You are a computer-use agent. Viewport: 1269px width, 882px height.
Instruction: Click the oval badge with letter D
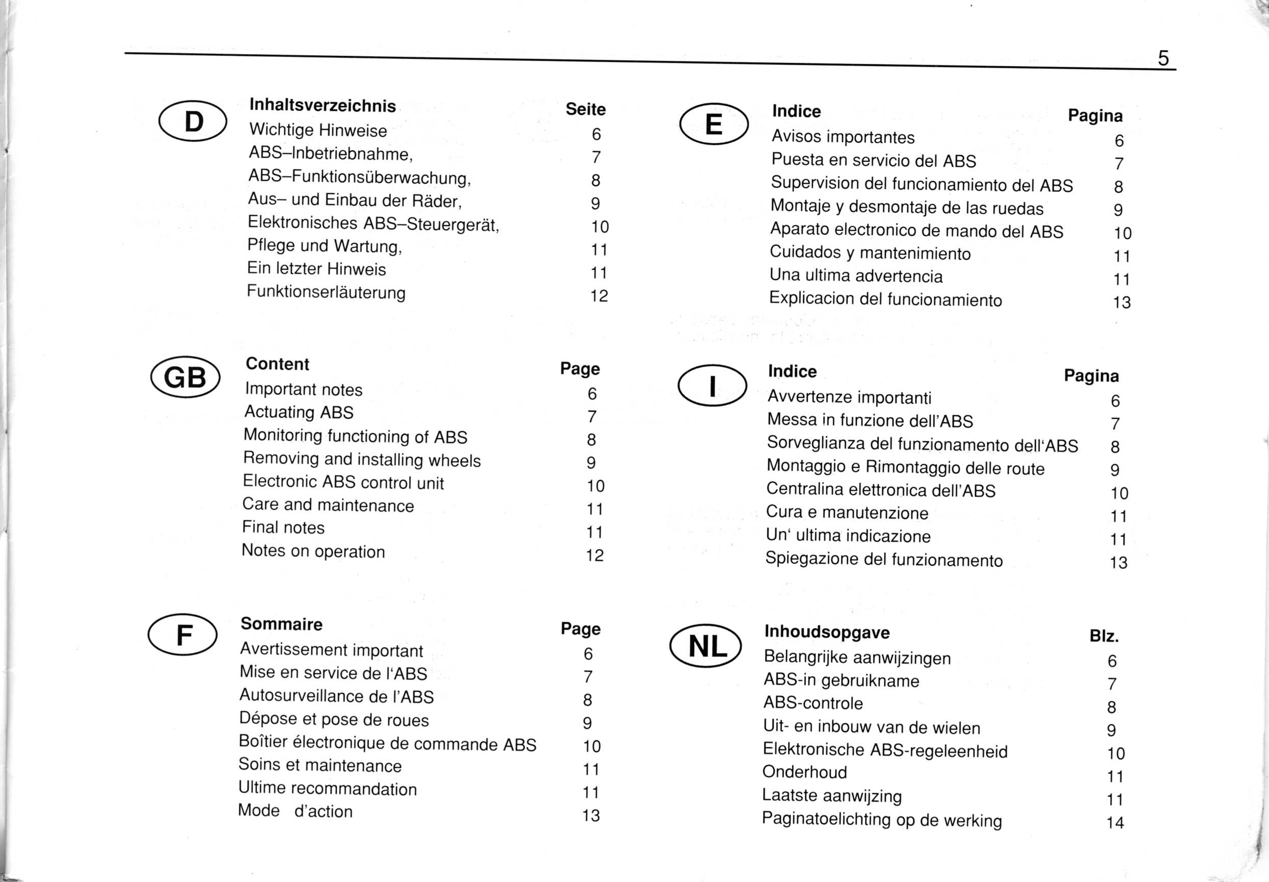[193, 121]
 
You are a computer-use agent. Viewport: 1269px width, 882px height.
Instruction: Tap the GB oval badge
[185, 377]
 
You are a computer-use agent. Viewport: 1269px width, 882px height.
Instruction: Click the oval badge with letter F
[183, 635]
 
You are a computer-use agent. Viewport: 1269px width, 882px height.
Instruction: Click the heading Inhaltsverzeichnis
[323, 106]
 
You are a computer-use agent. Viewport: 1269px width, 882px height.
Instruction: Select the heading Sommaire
[281, 624]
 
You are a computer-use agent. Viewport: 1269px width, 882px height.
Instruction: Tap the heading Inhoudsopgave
[827, 632]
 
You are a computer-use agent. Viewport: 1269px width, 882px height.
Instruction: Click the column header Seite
[585, 109]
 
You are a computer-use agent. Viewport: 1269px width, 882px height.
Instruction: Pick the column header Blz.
[1104, 637]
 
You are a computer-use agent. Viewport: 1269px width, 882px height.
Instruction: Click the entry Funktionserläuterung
[326, 292]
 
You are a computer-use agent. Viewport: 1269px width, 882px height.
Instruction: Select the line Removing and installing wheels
[362, 459]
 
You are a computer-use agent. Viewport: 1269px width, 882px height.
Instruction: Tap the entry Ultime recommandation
[328, 788]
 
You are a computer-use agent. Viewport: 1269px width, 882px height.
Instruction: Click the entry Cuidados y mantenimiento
[870, 253]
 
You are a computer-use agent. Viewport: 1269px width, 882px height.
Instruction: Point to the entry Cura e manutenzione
[847, 512]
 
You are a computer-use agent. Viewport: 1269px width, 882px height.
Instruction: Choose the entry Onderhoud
[804, 772]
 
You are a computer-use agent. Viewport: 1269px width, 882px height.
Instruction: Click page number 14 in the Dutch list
[1115, 823]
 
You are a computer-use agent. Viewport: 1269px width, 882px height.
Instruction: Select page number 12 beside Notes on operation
[595, 556]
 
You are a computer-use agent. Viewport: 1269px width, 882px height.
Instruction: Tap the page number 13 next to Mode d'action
[591, 816]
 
